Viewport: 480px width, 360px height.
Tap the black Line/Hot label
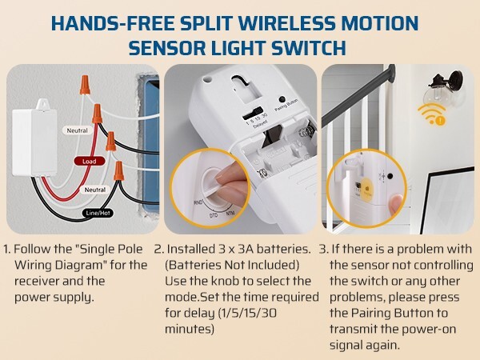point(98,214)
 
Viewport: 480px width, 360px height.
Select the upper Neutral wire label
point(77,130)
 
